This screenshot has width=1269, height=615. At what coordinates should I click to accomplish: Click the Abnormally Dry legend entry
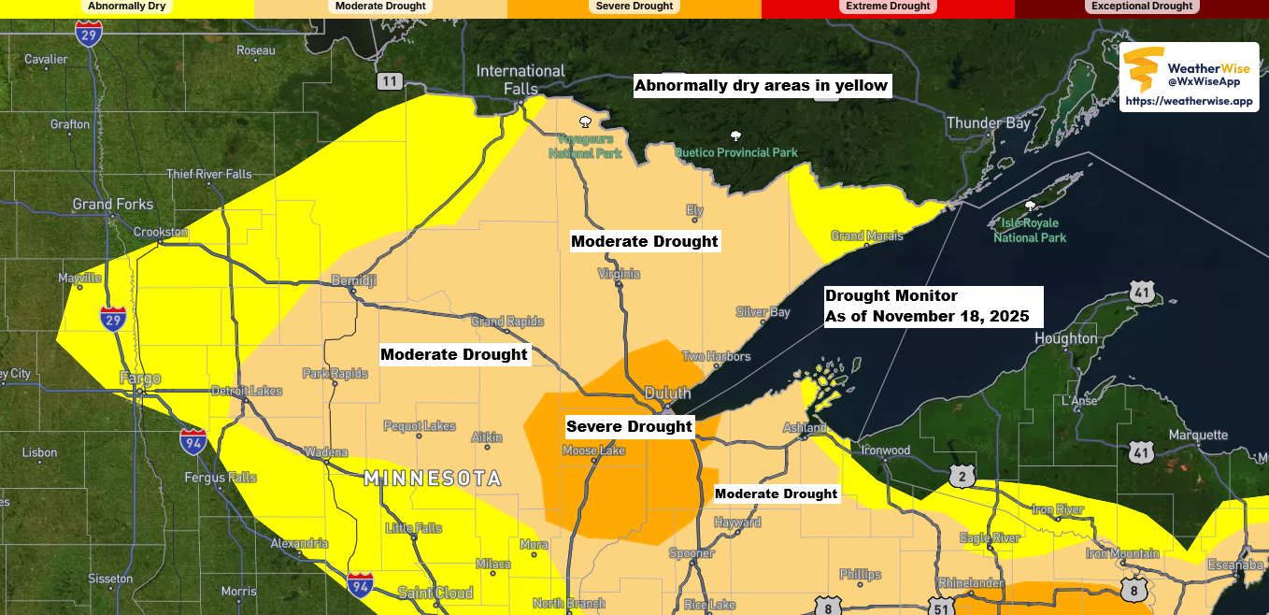[x=126, y=7]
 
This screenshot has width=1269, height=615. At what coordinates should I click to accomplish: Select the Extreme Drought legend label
[x=888, y=7]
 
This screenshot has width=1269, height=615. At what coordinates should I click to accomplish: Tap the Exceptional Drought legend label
[x=1142, y=7]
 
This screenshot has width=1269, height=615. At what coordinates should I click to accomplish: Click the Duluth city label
[x=667, y=393]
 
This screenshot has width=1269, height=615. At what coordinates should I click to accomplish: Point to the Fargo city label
[x=140, y=379]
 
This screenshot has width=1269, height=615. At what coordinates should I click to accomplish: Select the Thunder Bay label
[x=988, y=123]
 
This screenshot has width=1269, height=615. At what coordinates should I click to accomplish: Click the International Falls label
[x=520, y=79]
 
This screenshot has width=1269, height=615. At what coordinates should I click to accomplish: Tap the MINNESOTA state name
[x=432, y=479]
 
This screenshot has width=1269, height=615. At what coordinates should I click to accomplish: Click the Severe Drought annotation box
[x=629, y=427]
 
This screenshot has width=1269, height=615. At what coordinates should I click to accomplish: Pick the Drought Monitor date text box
[x=931, y=307]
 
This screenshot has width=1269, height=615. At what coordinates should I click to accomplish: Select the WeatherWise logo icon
[x=1143, y=68]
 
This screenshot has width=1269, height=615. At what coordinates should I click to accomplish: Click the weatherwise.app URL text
[x=1189, y=101]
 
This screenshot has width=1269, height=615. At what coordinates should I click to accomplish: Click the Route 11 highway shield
[x=390, y=82]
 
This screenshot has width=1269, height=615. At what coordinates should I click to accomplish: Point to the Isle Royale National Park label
[x=1030, y=230]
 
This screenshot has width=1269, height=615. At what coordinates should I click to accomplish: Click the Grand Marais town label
[x=866, y=236]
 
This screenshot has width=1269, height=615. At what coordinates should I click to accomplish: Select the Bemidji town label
[x=354, y=281]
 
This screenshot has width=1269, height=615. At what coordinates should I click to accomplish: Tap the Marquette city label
[x=1197, y=436]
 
